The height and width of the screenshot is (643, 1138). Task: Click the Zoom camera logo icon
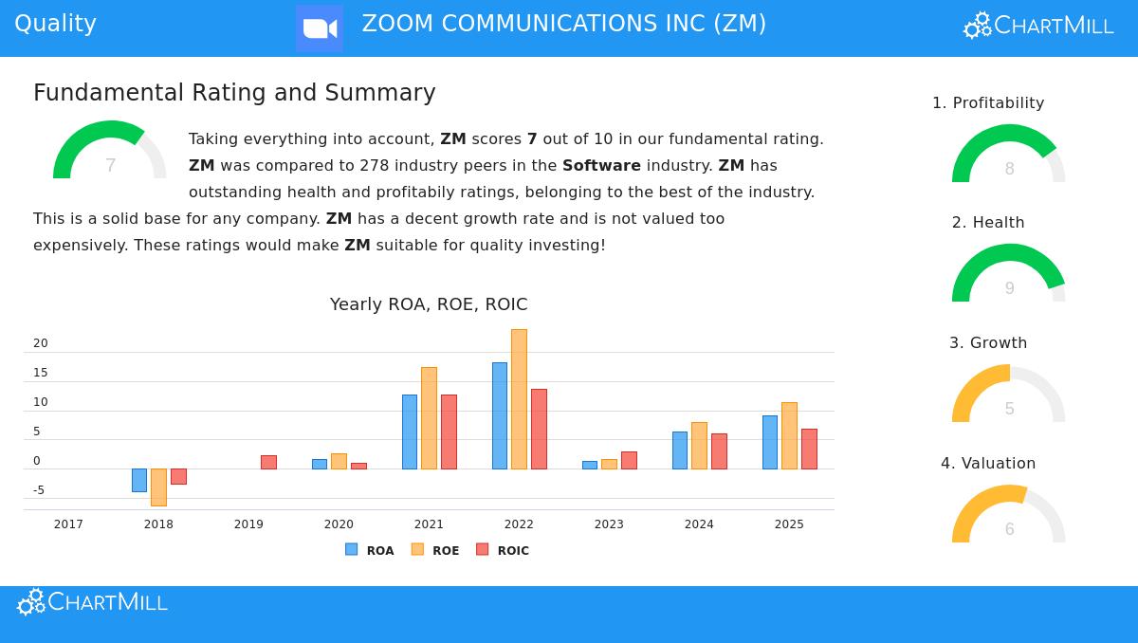320,28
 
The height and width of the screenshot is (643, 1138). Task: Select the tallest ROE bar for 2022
519,398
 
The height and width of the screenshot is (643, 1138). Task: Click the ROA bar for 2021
410,432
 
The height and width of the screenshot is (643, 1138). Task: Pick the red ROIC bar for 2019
268,462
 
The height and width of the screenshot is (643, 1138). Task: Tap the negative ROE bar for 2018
158,487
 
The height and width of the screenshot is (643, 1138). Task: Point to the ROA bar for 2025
770,442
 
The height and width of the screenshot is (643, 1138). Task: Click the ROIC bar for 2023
629,460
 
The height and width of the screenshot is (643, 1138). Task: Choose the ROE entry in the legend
435,550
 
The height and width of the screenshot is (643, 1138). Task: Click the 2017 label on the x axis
68,524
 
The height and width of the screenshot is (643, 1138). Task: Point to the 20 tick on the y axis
41,343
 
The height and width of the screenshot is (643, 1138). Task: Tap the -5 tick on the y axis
39,490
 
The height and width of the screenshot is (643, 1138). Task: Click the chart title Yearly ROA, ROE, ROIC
429,304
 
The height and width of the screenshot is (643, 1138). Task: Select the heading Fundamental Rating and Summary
234,93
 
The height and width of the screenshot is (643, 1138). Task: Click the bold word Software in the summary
601,165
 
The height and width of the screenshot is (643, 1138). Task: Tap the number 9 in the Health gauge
1009,288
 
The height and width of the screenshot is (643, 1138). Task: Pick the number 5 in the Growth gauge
1009,409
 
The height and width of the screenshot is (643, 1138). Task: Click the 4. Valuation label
988,464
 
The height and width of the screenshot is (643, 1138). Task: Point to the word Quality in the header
55,24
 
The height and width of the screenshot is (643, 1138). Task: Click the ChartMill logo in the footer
93,602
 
